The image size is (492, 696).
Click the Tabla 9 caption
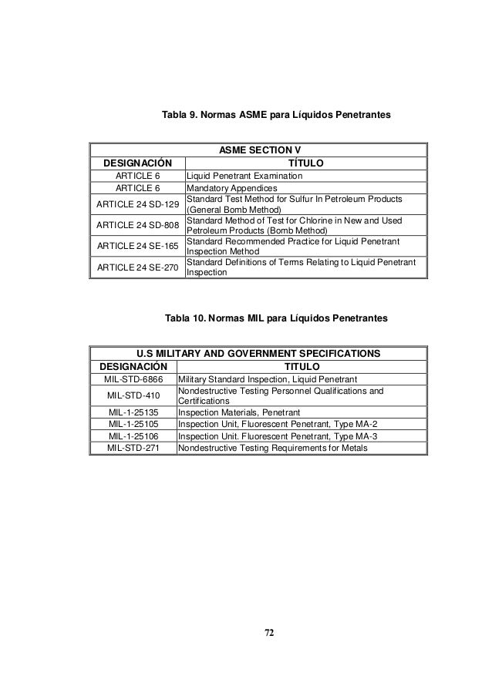click(x=276, y=115)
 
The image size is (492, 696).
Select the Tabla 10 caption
click(x=277, y=318)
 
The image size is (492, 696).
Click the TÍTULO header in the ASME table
click(x=305, y=163)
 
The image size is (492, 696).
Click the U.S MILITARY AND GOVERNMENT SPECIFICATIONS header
click(x=257, y=353)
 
